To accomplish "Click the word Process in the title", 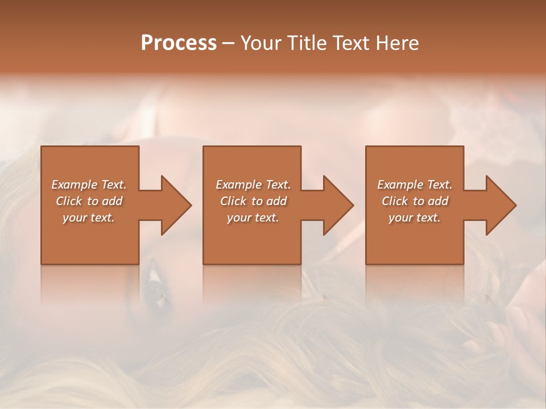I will point(179,43).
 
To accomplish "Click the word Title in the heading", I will point(306,43).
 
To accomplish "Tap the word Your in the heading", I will point(262,43).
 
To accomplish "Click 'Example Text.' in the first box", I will point(89,185).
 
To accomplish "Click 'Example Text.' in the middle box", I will point(253,185).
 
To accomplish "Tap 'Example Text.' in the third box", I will point(414,185).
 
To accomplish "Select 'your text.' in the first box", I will point(89,218).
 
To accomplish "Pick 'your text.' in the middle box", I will point(253,218).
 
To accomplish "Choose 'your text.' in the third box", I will point(414,218).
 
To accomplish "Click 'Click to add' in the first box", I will point(89,201).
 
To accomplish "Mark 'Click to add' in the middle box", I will point(253,201).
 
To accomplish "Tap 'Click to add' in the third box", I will point(414,201).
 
